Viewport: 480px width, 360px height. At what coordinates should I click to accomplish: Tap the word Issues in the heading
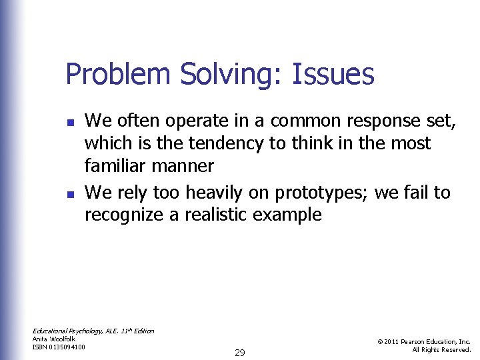(x=334, y=74)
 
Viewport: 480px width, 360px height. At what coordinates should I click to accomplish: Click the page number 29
(x=240, y=353)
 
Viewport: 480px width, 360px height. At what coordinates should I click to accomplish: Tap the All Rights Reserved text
(x=441, y=350)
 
